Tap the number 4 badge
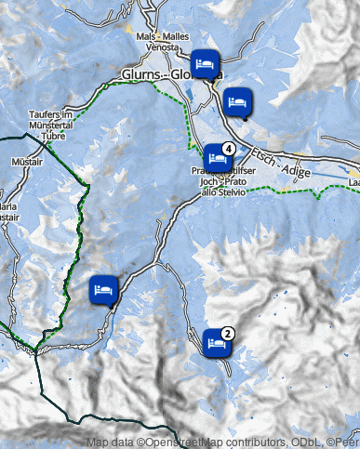228,147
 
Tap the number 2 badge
228,333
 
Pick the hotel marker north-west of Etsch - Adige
237,102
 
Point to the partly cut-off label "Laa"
354,183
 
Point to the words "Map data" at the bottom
109,442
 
